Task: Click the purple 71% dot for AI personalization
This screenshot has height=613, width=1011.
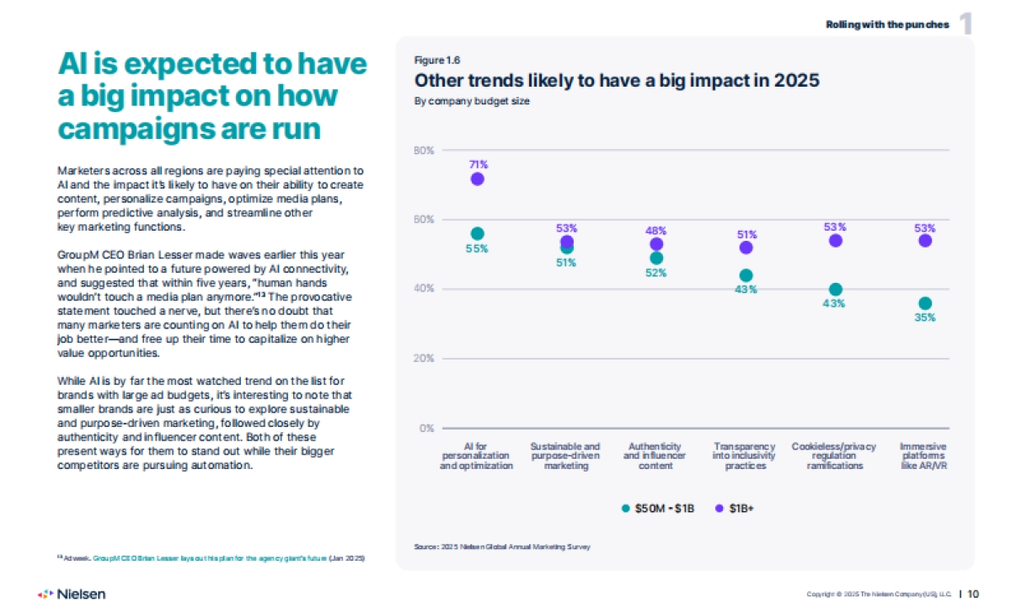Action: click(478, 179)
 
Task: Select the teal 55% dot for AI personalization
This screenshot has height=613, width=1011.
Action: click(478, 233)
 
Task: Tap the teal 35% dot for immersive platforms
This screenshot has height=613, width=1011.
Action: click(925, 303)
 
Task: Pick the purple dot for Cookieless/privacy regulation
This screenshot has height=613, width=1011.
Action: click(836, 240)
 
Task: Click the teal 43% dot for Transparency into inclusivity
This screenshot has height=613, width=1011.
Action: click(746, 275)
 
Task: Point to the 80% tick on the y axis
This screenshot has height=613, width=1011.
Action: click(424, 151)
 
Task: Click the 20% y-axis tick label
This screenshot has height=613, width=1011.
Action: click(424, 358)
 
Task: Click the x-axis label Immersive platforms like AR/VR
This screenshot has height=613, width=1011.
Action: click(924, 456)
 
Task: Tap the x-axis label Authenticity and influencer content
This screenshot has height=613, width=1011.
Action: click(655, 456)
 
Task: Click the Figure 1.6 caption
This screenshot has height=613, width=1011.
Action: click(436, 60)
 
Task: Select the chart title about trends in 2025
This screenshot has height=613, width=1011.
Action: click(617, 81)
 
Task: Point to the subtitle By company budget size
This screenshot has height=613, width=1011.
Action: click(472, 101)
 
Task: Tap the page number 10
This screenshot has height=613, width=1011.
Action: click(973, 594)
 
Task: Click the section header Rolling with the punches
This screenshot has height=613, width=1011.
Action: click(887, 24)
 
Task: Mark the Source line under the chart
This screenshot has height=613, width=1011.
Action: click(502, 546)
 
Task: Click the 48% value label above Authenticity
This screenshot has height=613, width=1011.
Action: click(656, 231)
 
